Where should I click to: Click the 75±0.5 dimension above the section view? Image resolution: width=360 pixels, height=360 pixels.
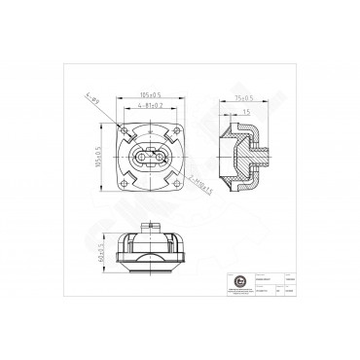pyautogui.click(x=243, y=98)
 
